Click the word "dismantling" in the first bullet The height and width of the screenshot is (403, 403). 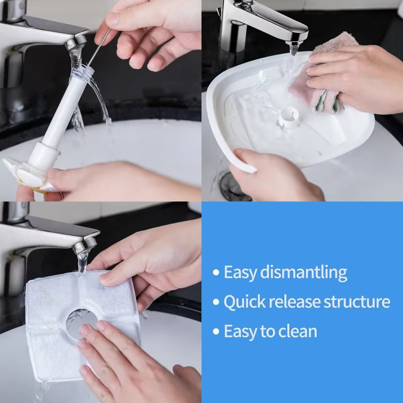point(304,273)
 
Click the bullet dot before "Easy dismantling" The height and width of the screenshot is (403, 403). point(216,273)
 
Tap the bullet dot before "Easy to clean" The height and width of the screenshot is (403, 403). point(216,331)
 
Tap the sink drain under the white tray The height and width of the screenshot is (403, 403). point(231,186)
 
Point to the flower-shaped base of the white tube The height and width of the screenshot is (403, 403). point(25,174)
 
